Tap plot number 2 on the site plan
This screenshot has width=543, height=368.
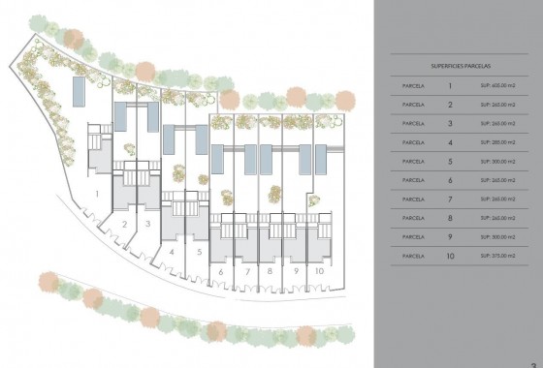(x=126, y=224)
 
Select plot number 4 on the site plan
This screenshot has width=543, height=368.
(x=171, y=251)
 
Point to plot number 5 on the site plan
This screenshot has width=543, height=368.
(x=198, y=251)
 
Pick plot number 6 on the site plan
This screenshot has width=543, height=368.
(x=222, y=272)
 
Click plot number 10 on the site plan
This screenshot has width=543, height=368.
(x=319, y=272)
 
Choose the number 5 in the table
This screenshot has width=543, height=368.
(x=449, y=161)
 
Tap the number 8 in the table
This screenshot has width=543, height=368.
(x=449, y=217)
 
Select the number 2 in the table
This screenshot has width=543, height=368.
(x=449, y=105)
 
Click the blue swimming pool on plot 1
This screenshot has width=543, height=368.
(x=78, y=93)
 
